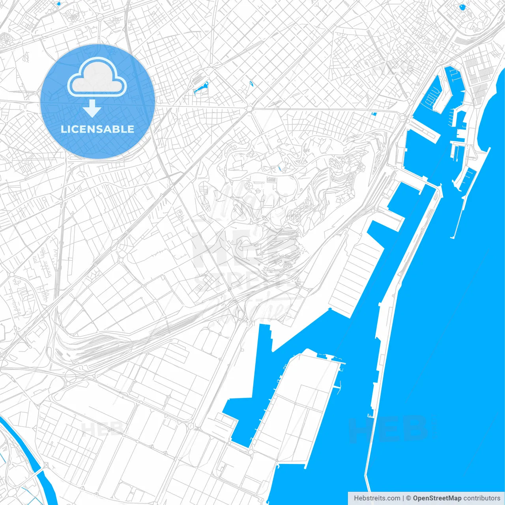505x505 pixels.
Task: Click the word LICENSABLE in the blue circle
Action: click(97, 129)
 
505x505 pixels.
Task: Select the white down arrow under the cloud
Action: click(92, 109)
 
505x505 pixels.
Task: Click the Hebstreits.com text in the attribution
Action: click(377, 498)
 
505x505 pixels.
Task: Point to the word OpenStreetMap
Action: click(437, 498)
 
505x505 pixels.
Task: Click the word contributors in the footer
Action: click(482, 498)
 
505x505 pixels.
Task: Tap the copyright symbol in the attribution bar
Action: click(409, 498)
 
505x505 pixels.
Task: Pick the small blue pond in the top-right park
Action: click(462, 7)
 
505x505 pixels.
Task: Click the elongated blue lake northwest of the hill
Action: click(201, 88)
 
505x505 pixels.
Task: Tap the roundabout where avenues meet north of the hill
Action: click(250, 108)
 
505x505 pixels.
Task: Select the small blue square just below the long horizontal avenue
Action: click(374, 114)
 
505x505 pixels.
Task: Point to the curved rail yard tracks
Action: click(99, 347)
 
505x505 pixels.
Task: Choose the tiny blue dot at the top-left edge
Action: click(59, 4)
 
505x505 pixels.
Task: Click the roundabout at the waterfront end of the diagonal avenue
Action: click(402, 117)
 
